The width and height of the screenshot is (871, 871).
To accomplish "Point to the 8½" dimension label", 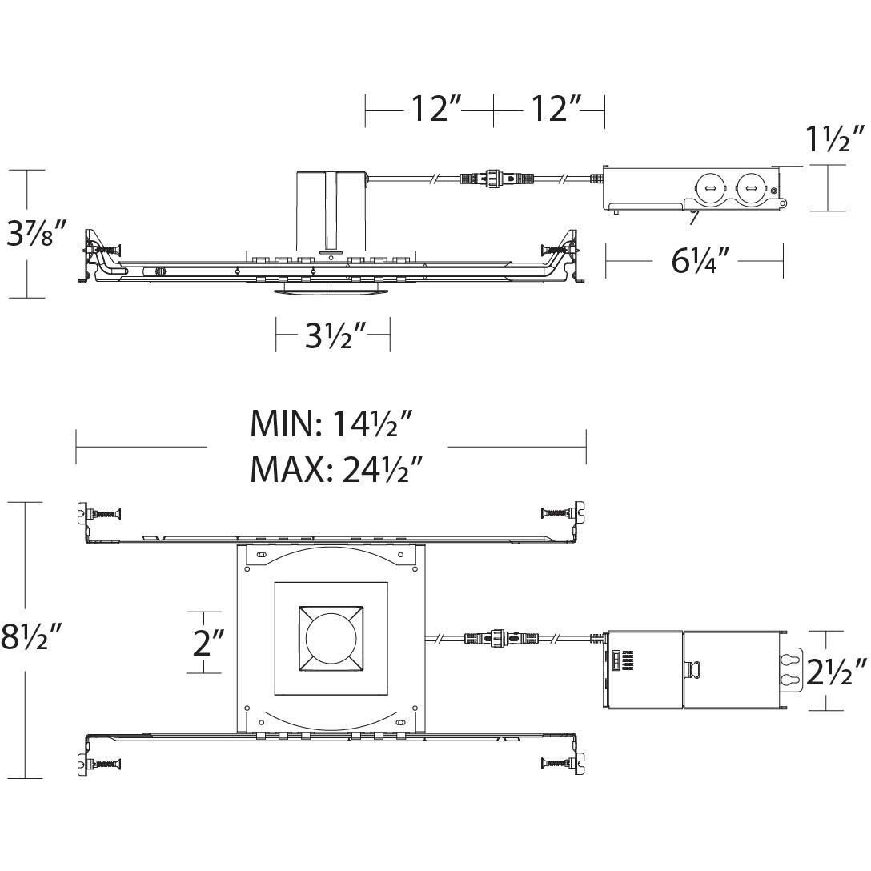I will click(x=30, y=639).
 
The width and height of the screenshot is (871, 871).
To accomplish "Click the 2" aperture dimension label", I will click(x=207, y=642).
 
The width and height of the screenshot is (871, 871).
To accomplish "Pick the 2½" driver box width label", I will click(x=837, y=669).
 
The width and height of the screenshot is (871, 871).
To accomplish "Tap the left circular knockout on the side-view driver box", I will click(x=708, y=189).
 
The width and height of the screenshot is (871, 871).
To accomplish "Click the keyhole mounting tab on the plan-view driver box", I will click(x=791, y=669).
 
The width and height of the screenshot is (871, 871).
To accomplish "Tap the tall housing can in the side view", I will click(x=331, y=210).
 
